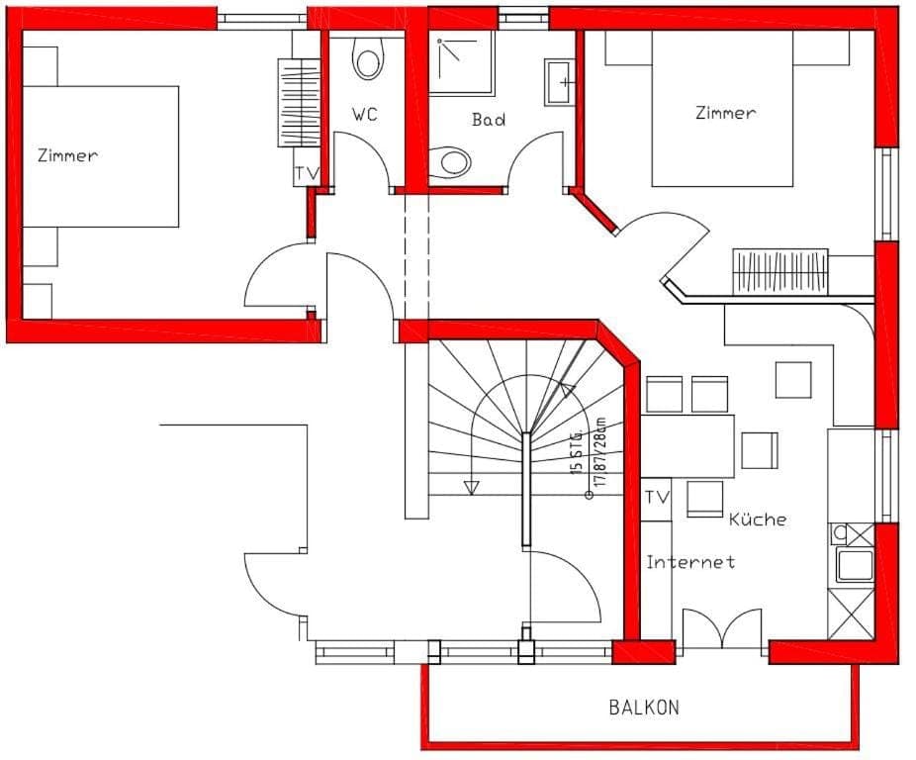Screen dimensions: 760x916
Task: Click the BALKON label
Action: point(644,708)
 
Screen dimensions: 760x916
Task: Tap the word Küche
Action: point(758,519)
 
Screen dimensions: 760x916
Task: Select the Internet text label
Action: point(690,562)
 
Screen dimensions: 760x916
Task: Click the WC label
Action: point(365,115)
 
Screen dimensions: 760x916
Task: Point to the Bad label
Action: point(489,120)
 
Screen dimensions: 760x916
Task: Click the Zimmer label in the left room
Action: point(67,155)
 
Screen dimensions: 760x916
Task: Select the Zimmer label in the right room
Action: point(725,113)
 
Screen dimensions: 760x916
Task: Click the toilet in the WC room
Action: point(368,61)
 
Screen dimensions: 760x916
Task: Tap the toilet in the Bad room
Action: point(455,161)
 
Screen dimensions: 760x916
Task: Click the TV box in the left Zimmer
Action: point(306,173)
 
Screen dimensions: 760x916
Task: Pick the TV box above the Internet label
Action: point(657,498)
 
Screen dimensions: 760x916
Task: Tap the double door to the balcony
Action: point(722,629)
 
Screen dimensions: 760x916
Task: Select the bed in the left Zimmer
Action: point(99,156)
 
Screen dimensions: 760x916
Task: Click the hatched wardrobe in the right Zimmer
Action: point(780,271)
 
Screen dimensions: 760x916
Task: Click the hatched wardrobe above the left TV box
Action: point(300,103)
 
